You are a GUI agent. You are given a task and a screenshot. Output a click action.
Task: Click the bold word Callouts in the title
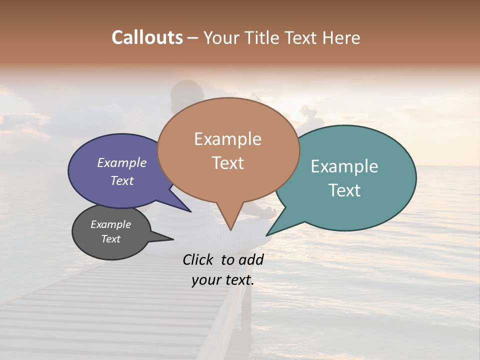click(x=147, y=37)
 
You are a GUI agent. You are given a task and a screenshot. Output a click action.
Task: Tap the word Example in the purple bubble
click(x=122, y=162)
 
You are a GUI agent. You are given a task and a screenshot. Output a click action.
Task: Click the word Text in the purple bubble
click(x=122, y=180)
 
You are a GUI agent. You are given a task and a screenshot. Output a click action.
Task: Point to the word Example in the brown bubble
click(x=227, y=139)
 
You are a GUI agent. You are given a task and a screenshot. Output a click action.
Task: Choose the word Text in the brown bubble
click(x=227, y=163)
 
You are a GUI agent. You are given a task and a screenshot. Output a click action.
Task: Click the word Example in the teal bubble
click(x=344, y=166)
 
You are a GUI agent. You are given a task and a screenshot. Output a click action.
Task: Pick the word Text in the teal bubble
click(x=344, y=190)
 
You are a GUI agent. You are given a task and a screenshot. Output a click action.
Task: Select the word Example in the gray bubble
click(x=111, y=224)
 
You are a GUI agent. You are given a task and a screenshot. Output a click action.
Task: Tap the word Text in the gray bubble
click(x=111, y=238)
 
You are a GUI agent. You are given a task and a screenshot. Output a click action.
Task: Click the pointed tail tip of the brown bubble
click(x=230, y=230)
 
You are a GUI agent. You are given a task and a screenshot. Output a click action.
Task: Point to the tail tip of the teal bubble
click(x=266, y=235)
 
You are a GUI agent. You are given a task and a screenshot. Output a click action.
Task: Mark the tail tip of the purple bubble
click(x=191, y=211)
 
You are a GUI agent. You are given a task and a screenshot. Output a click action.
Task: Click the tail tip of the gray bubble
click(x=173, y=239)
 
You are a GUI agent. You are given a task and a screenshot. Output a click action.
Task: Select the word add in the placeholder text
click(x=251, y=259)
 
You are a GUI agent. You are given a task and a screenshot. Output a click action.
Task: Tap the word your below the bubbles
click(x=206, y=280)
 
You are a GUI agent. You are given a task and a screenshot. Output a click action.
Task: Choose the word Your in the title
click(x=220, y=37)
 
